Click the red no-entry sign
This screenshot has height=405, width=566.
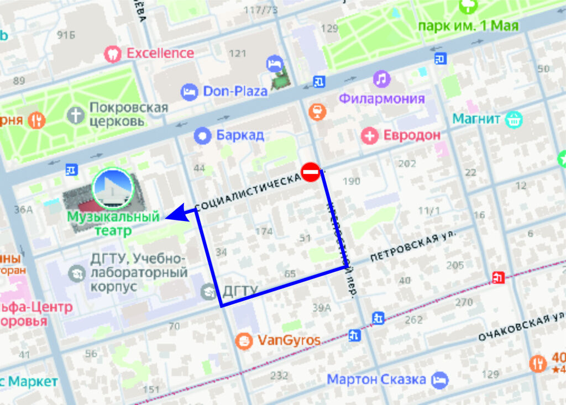click(310, 172)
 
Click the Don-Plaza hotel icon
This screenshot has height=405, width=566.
click(189, 92)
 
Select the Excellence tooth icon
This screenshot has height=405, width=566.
click(113, 54)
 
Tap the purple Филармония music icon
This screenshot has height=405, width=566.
click(381, 79)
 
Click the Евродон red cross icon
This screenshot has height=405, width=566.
click(369, 135)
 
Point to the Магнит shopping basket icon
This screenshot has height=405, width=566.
click(514, 118)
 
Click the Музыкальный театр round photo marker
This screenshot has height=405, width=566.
click(113, 188)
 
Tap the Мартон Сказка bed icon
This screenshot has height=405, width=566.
click(441, 380)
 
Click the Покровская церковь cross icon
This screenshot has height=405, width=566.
click(75, 115)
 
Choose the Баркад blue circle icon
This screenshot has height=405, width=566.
click(203, 135)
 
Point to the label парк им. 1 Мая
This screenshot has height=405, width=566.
click(468, 26)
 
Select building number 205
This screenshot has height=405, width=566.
click(455, 266)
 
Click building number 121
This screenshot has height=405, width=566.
click(238, 54)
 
